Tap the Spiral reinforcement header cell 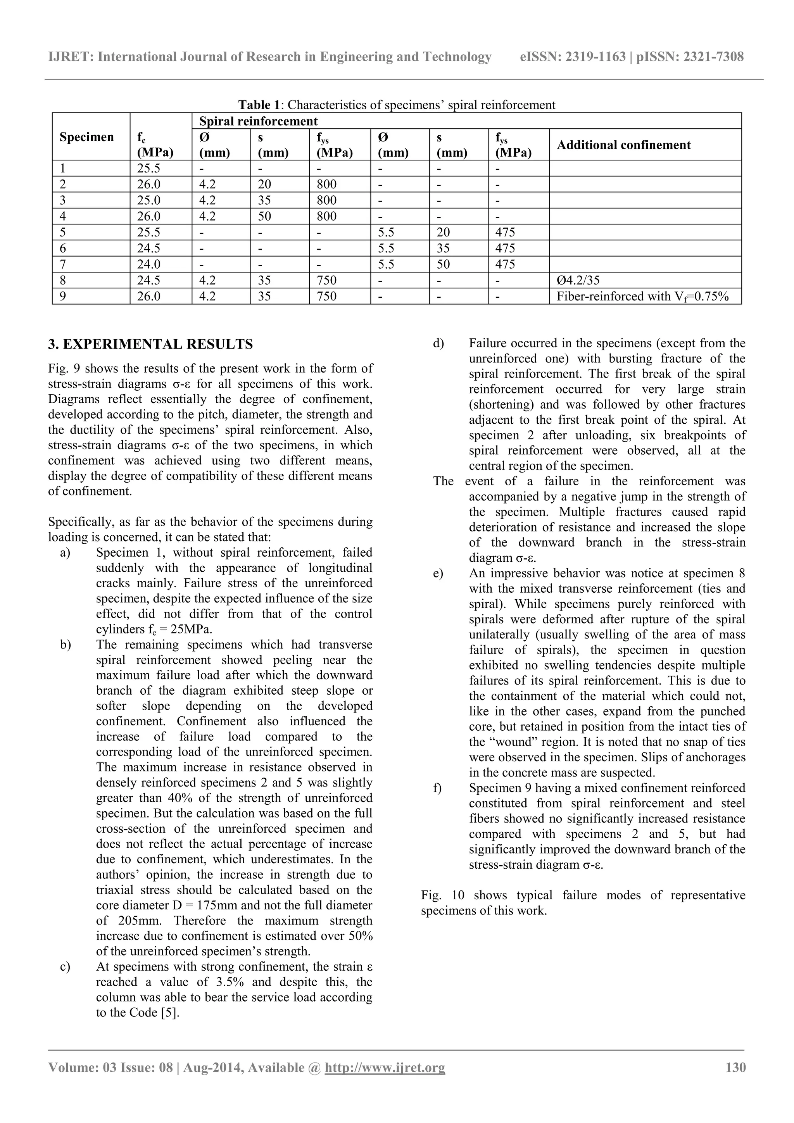tap(258, 121)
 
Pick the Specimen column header tap(86, 137)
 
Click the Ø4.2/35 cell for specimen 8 tap(578, 280)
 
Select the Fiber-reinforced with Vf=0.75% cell tap(642, 297)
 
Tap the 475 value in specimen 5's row tap(505, 232)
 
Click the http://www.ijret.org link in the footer tap(385, 1067)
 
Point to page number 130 tap(735, 1067)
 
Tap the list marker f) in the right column tap(437, 788)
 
